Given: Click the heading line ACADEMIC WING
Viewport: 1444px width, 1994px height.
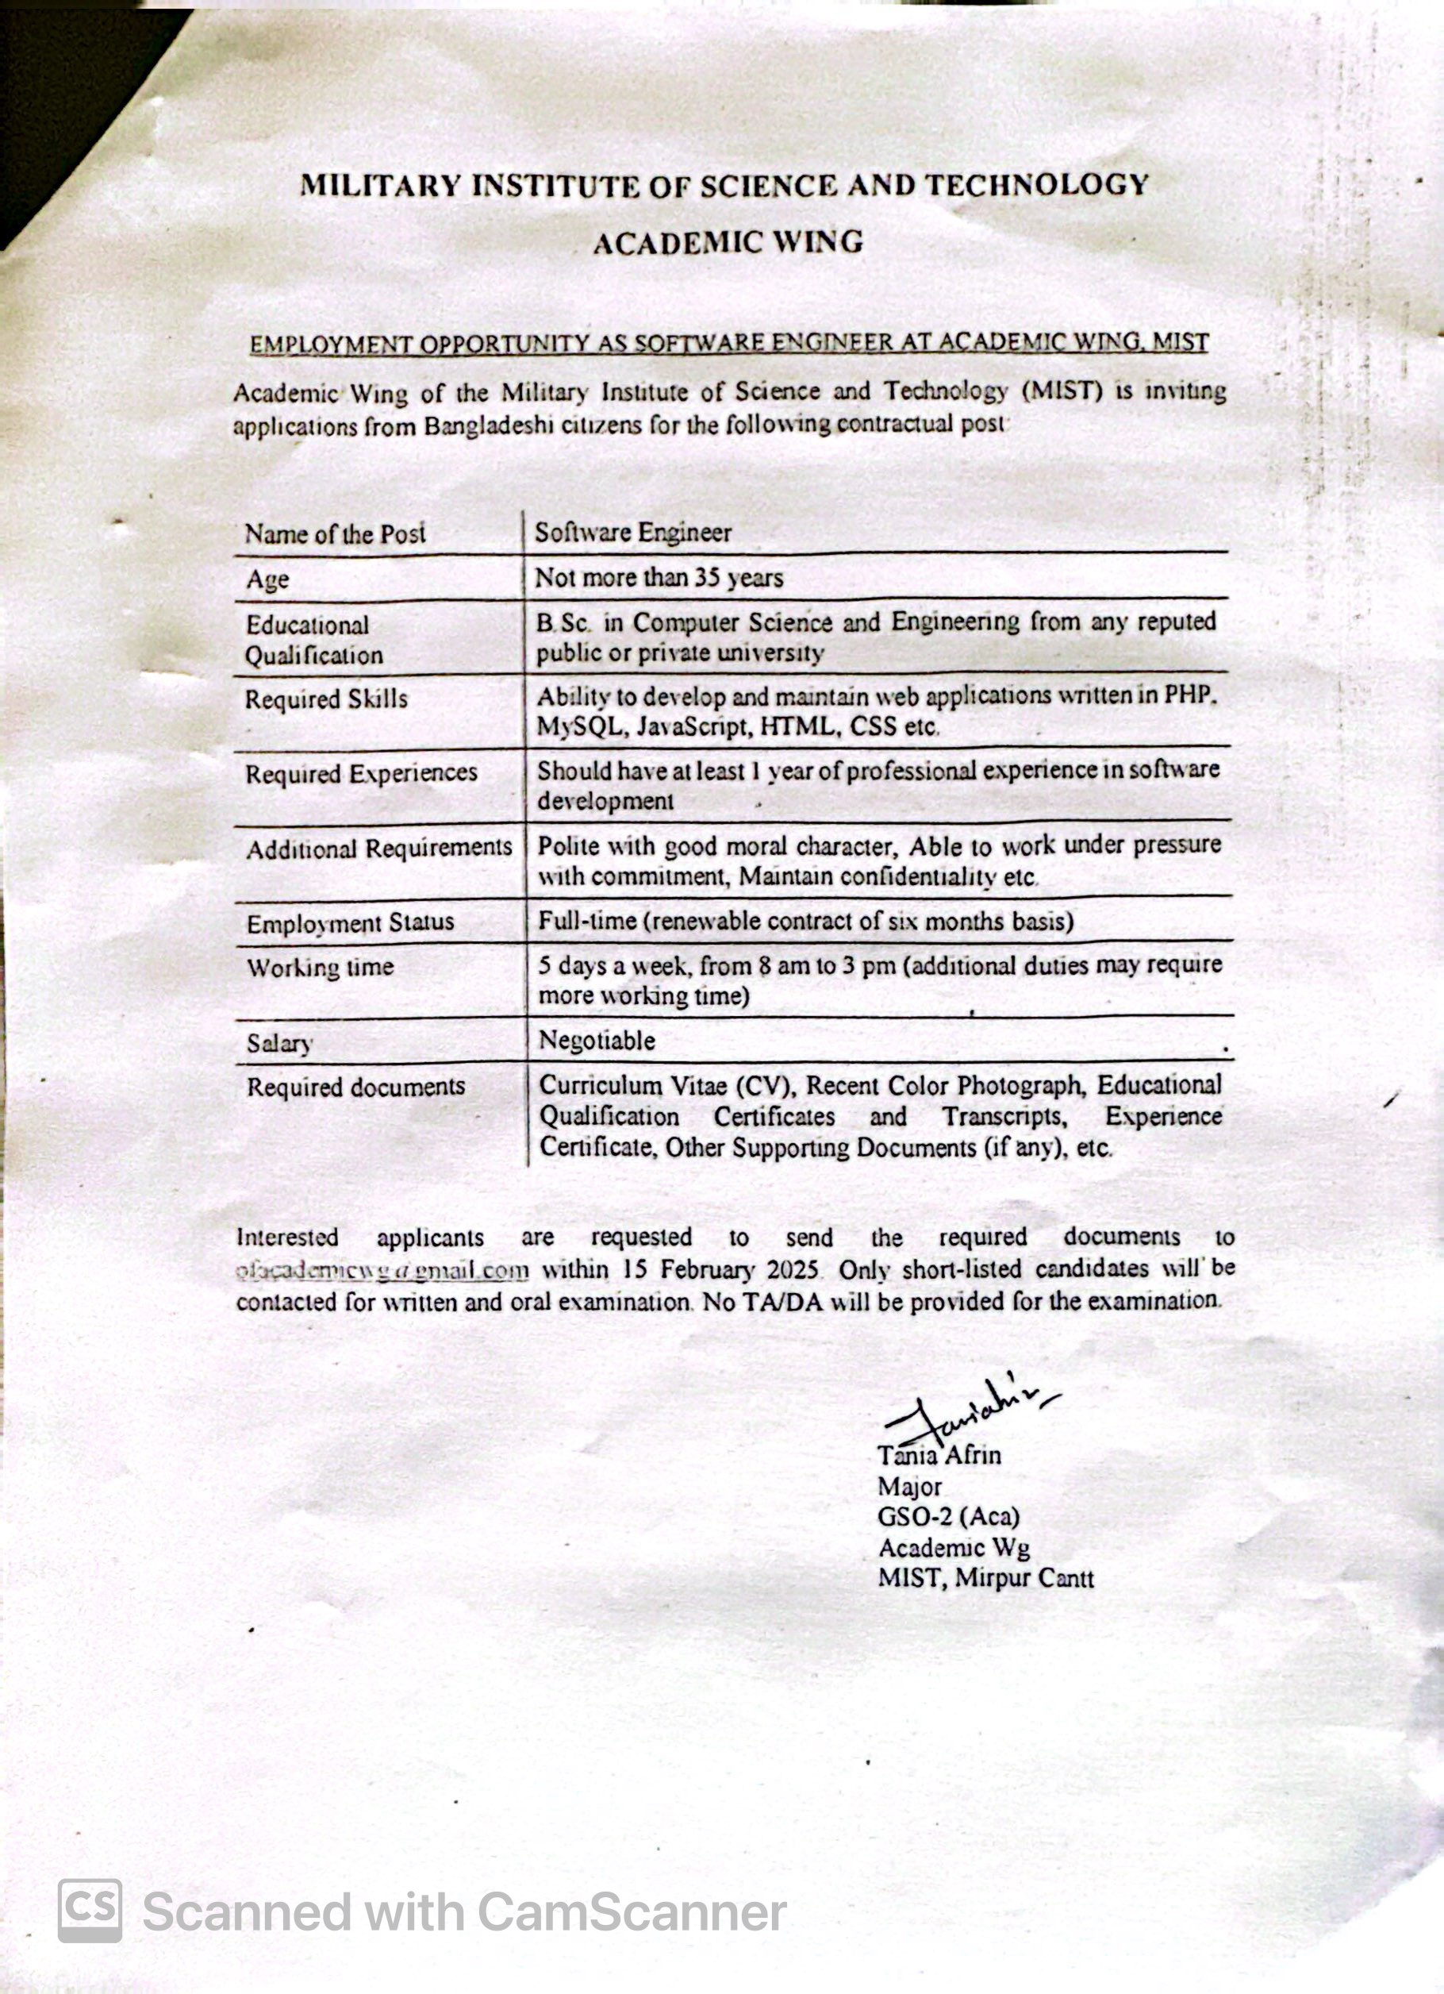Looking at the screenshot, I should click(728, 243).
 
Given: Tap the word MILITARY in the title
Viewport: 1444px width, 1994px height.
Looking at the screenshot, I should click(380, 186).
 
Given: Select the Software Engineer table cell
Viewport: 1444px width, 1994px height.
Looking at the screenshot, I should click(633, 533).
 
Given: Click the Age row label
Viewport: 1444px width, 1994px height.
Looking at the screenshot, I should click(267, 579).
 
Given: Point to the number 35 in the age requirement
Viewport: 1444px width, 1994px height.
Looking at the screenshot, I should click(707, 578).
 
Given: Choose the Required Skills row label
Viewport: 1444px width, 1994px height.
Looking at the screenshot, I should click(326, 699).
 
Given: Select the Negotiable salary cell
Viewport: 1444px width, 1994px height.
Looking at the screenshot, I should click(597, 1040).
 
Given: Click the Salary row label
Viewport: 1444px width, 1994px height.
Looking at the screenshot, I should click(279, 1044).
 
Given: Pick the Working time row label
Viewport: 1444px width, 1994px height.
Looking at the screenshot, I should click(320, 967).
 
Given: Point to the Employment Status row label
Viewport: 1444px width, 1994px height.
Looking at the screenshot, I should click(350, 923).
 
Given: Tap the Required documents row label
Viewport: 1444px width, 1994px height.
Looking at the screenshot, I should click(355, 1087).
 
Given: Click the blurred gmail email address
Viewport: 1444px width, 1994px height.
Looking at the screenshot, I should click(382, 1270).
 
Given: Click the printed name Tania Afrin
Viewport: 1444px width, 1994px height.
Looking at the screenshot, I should click(939, 1455).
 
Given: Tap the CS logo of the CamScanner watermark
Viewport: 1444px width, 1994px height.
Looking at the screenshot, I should click(90, 1911).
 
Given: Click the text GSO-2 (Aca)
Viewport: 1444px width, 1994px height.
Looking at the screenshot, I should click(948, 1517).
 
